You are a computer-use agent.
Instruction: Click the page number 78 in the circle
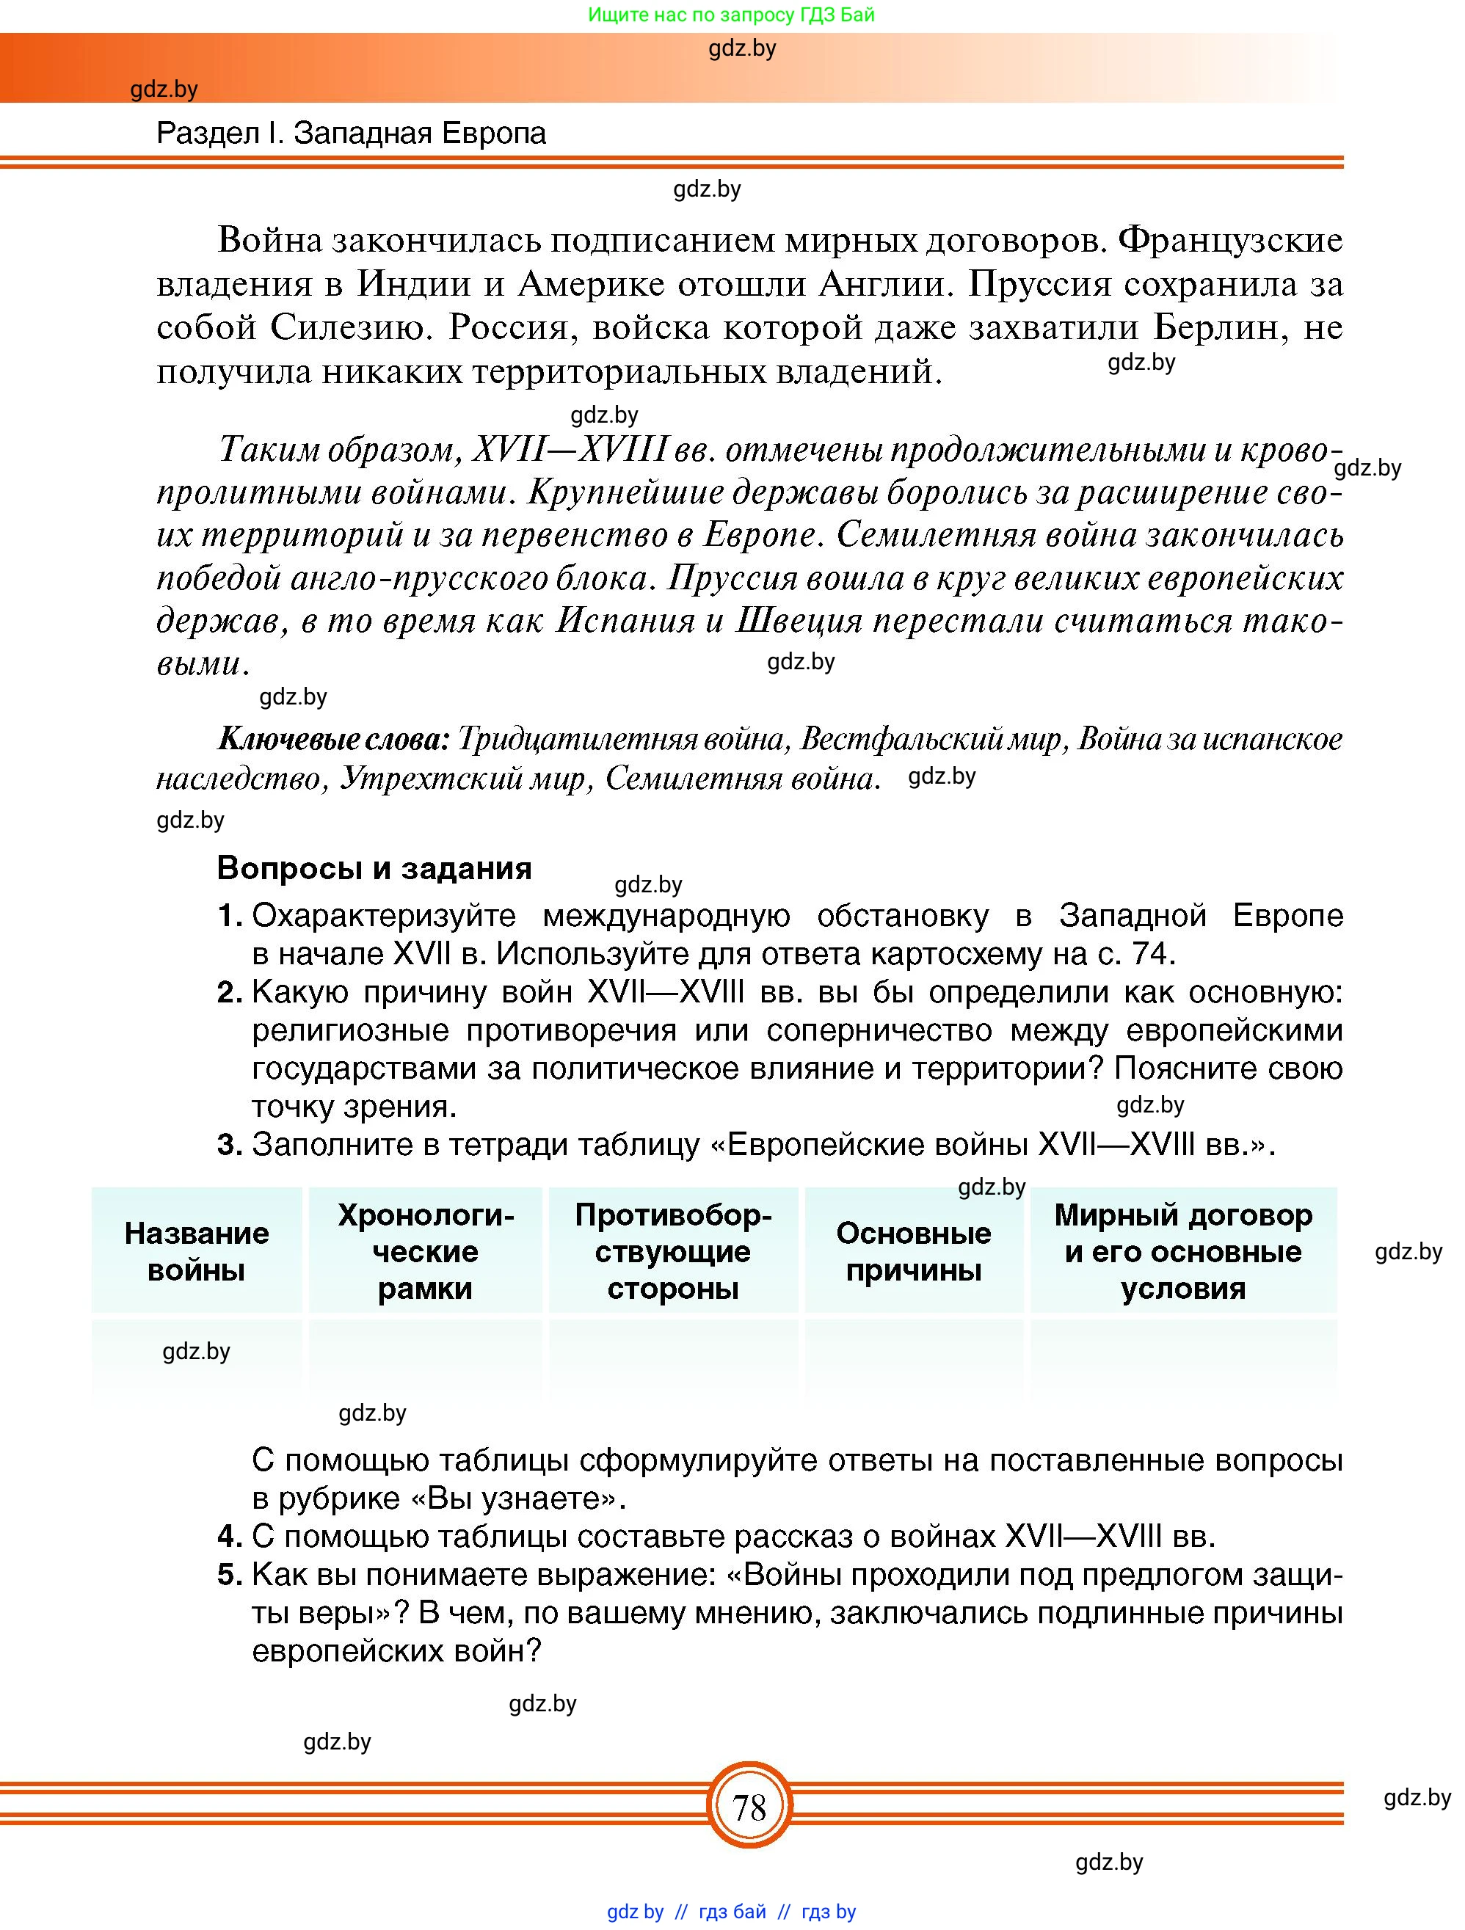[749, 1807]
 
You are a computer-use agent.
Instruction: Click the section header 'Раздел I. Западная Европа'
[351, 134]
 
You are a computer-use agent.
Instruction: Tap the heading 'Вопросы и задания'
[374, 868]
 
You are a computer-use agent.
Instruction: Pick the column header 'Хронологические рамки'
[425, 1251]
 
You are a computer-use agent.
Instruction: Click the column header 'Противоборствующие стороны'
[673, 1251]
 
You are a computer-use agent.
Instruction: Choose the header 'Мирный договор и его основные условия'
[1182, 1251]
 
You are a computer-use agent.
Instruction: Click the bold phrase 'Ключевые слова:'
[332, 740]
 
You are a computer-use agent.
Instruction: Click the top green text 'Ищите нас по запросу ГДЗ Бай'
[731, 15]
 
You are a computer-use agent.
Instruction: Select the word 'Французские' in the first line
[1230, 240]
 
